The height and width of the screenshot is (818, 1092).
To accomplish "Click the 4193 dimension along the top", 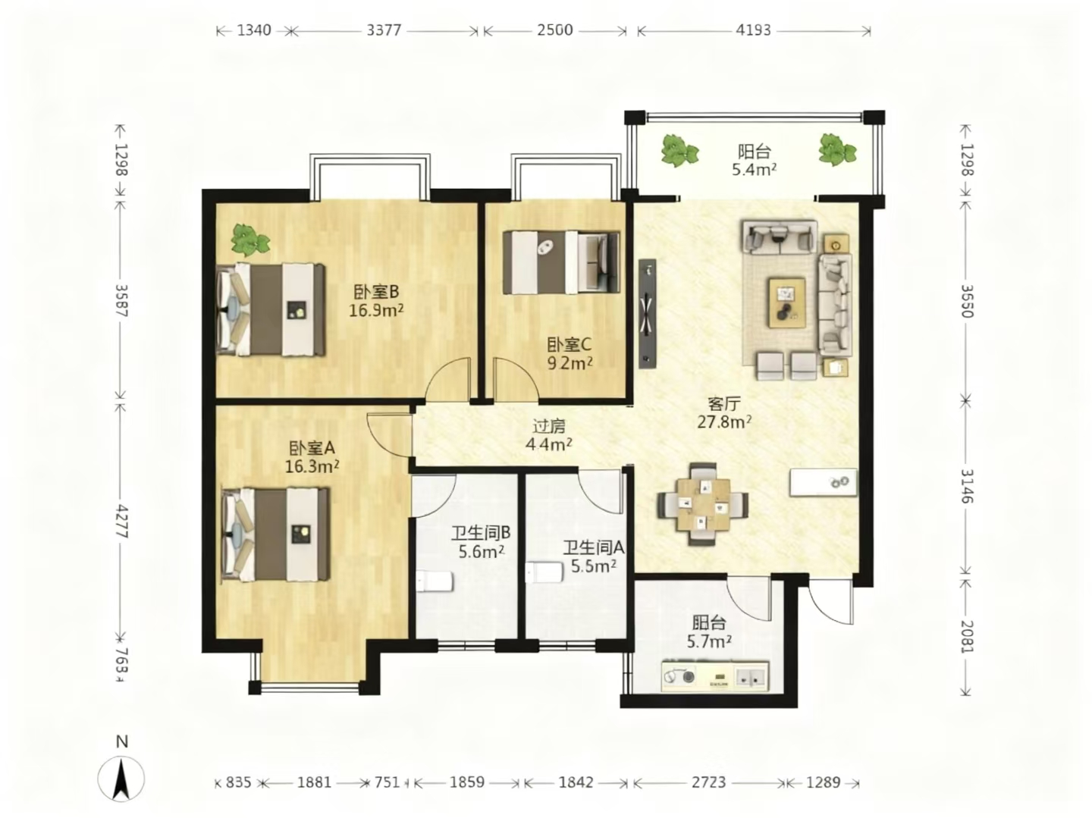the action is click(753, 31).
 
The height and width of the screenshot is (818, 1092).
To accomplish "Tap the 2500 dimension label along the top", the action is click(554, 31).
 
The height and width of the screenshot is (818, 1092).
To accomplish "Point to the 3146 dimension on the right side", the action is click(967, 486).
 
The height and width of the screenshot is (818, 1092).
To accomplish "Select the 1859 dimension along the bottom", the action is click(466, 782).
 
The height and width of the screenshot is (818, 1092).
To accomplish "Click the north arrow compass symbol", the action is click(121, 779).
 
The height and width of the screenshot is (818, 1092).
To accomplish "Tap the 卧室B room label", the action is click(376, 291).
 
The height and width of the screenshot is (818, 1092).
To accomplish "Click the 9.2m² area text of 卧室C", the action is click(570, 363).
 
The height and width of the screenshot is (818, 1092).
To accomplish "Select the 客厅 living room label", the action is click(724, 403).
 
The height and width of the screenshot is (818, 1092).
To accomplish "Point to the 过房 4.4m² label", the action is click(549, 435).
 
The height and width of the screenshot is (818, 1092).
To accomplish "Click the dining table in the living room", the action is click(702, 504).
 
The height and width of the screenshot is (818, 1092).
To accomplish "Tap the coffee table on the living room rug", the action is click(787, 302).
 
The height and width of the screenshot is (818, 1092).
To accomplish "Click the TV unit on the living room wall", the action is click(648, 314).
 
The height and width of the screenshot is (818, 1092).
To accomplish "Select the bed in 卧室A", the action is click(275, 534).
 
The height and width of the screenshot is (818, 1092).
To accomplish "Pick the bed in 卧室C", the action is click(561, 262).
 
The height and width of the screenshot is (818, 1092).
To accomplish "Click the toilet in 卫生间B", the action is click(435, 581).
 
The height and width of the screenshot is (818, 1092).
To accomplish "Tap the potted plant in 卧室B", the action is click(250, 240).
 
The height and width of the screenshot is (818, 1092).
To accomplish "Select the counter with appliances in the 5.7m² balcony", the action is click(715, 676).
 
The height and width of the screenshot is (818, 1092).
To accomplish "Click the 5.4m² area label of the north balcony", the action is click(754, 170).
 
